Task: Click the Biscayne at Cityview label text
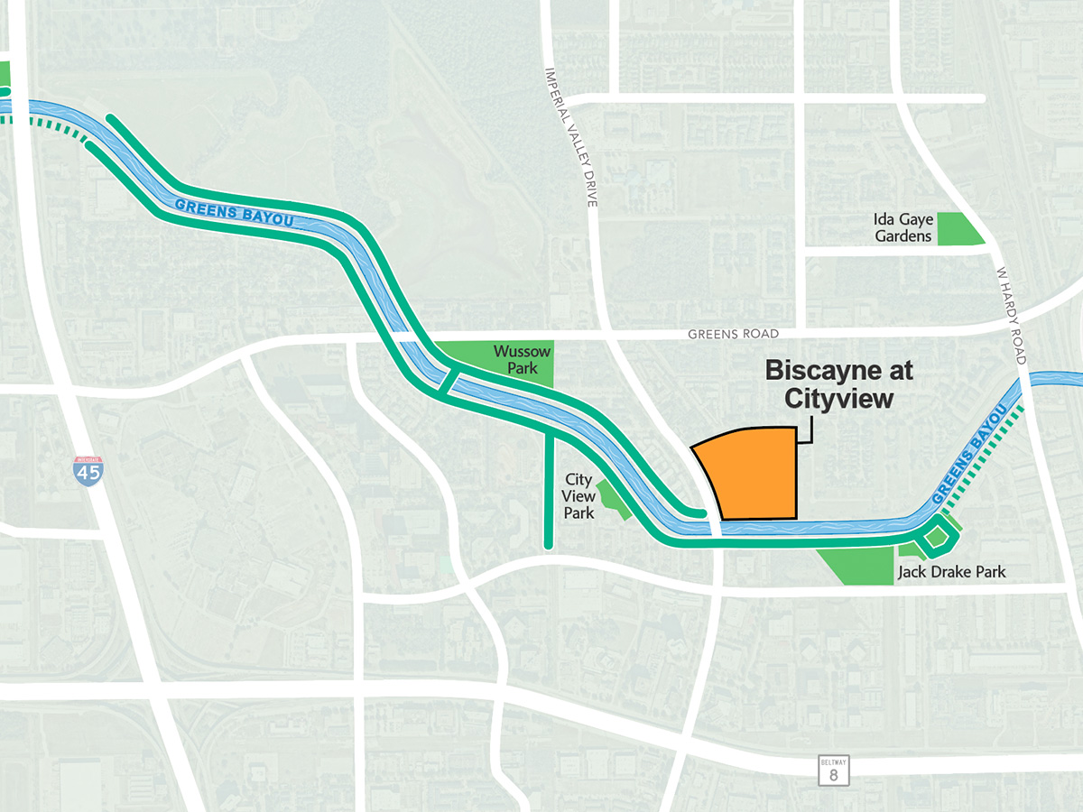[x=838, y=384]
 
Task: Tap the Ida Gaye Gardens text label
[x=902, y=227]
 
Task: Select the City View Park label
[x=579, y=496]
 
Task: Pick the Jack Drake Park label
[x=950, y=572]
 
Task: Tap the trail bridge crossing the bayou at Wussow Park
[x=447, y=382]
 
